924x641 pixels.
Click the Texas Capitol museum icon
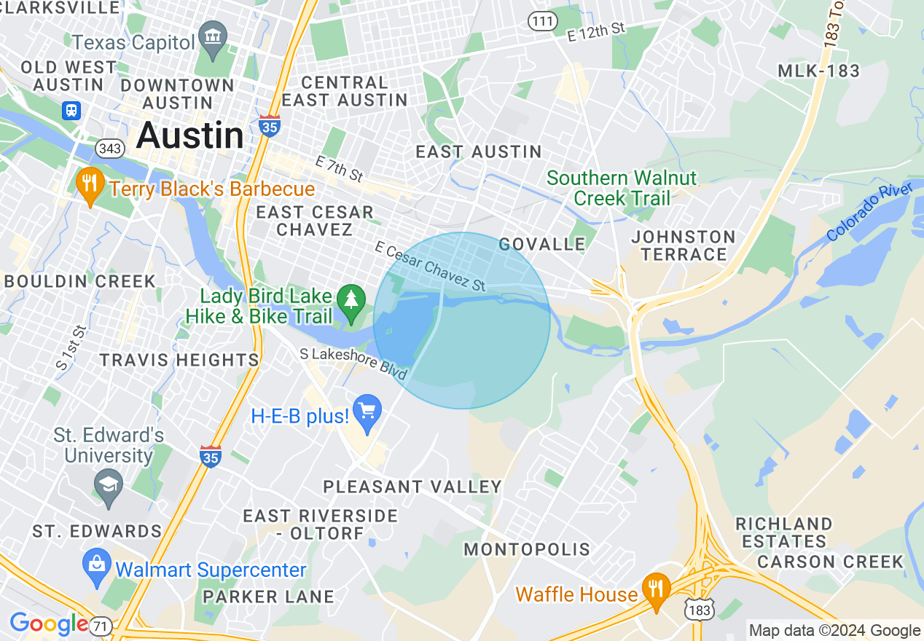pos(214,36)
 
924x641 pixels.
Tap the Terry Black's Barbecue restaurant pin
pos(89,184)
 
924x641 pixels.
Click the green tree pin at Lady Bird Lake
pos(352,299)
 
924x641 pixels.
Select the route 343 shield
pos(109,149)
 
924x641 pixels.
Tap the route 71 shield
pos(102,625)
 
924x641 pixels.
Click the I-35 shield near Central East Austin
pos(270,125)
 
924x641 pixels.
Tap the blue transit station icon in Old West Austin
pos(71,110)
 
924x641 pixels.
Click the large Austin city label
pos(189,135)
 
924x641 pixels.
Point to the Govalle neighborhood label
pos(542,244)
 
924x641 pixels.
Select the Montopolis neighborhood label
pos(527,549)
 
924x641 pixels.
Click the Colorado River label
pos(870,212)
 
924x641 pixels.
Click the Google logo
pos(48,624)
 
